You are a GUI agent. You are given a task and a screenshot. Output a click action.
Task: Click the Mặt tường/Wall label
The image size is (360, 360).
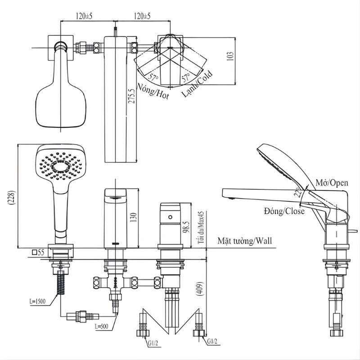245,241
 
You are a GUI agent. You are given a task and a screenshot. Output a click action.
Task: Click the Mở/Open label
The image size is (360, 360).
331,183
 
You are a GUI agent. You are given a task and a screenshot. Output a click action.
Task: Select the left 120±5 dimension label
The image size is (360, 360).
84,16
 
